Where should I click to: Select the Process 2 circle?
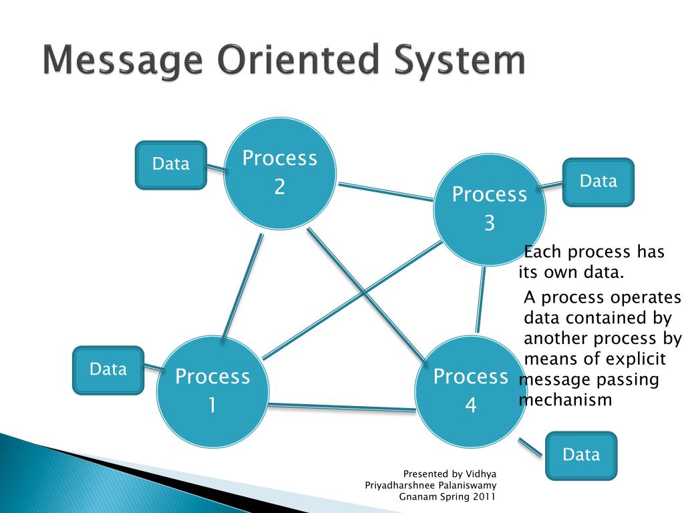[x=279, y=173]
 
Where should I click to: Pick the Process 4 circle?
[x=470, y=391]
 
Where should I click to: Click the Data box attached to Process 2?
[x=171, y=164]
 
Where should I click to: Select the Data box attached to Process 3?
[x=598, y=182]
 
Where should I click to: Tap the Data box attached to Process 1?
[x=108, y=369]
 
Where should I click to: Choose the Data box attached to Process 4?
[x=581, y=456]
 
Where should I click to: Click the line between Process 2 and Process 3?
[x=385, y=191]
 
